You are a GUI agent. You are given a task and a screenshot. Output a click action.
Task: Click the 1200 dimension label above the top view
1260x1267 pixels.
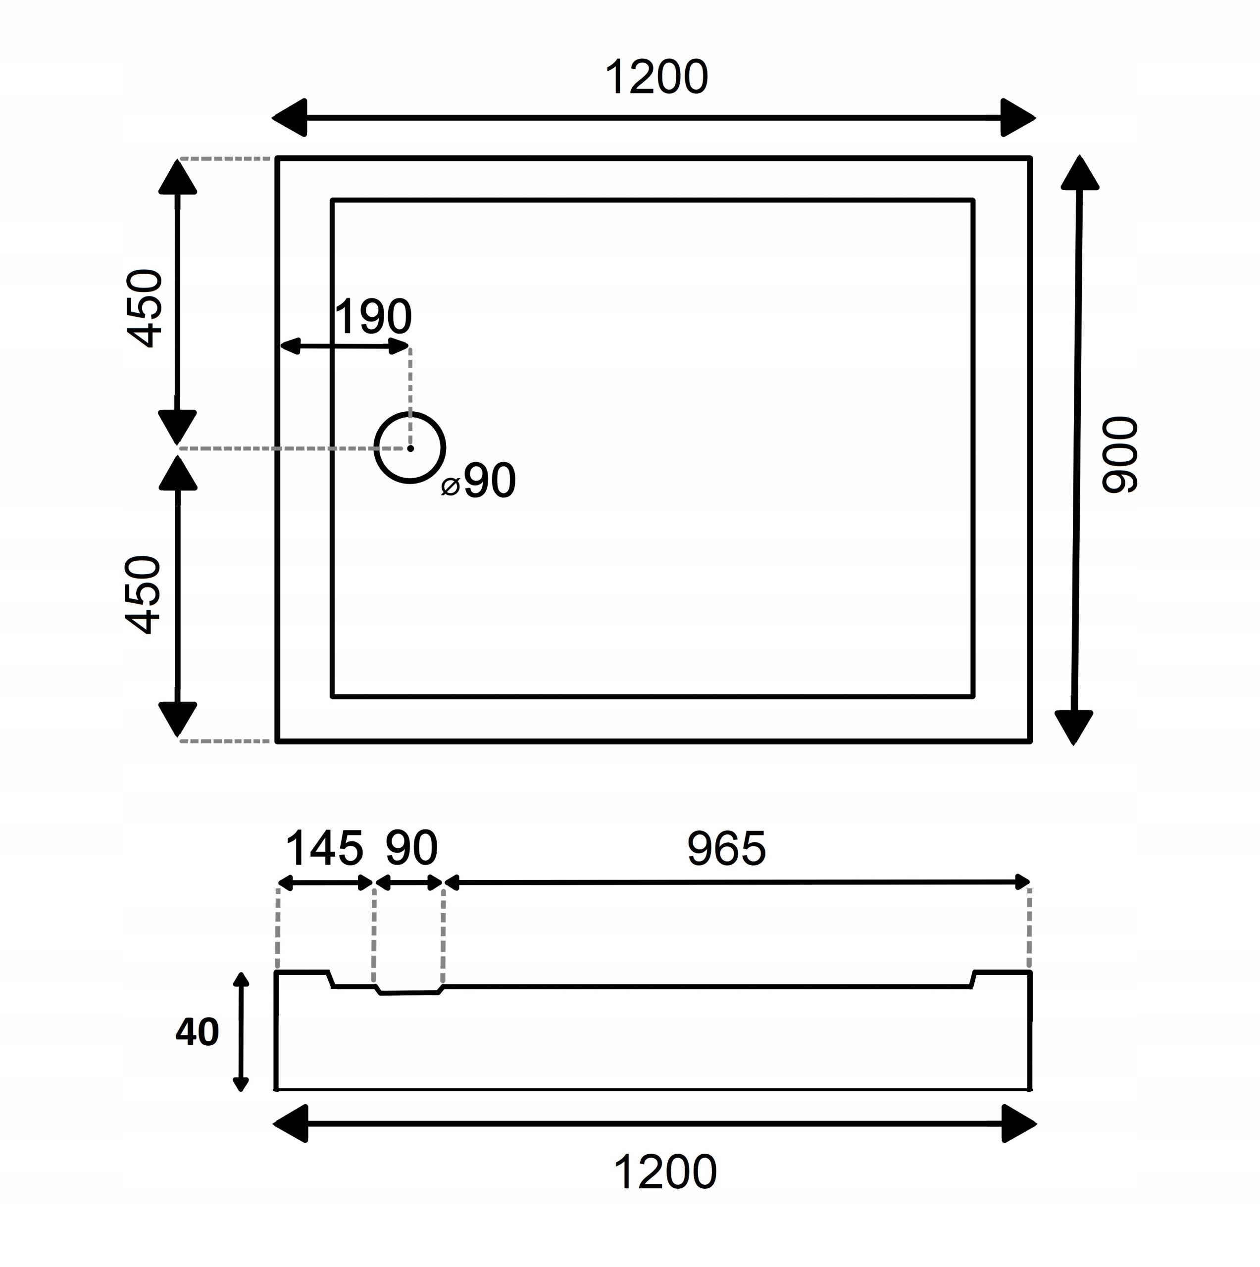point(656,77)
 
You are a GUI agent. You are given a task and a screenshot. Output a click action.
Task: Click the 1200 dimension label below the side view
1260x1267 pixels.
point(665,1172)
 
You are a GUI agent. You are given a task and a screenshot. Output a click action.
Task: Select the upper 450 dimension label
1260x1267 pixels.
point(144,307)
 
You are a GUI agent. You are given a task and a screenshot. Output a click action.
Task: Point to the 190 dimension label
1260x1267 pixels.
point(373,317)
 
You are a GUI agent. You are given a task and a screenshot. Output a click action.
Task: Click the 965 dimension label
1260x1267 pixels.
point(726,849)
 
